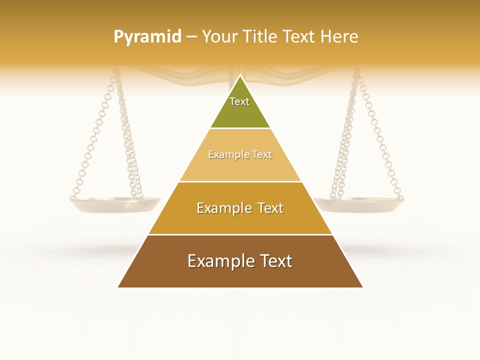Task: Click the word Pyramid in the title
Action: pos(147,36)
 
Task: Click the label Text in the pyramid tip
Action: pos(239,101)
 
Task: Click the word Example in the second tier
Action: pos(224,154)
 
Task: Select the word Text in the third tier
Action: pos(267,208)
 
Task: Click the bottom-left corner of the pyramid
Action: pos(118,287)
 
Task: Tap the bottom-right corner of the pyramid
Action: pos(363,287)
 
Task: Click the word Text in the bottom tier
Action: pos(273,261)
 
